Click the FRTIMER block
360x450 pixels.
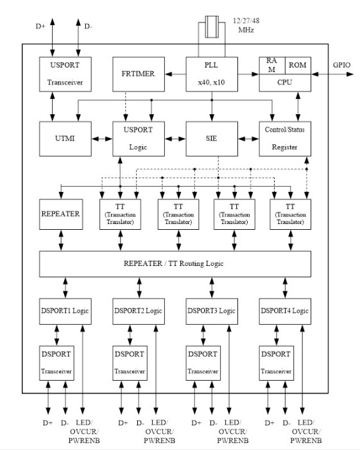139,74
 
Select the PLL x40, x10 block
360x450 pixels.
212,74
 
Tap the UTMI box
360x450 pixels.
65,139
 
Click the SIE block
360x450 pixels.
212,139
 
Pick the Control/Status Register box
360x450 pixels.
285,139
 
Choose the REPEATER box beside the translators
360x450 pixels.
61,214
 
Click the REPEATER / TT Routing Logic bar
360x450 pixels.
175,264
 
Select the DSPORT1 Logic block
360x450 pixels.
65,311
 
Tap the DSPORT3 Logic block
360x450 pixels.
212,311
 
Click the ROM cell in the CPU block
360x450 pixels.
298,65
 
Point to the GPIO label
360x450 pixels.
341,65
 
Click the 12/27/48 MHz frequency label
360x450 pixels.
246,25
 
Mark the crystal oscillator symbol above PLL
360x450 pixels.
212,27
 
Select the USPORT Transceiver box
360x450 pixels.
65,74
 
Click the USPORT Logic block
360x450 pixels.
139,139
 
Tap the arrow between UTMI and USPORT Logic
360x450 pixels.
102,139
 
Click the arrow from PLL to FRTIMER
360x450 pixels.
175,74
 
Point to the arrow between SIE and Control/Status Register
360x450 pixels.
248,139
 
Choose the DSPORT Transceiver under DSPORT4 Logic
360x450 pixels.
276,363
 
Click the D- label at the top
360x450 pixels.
88,26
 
